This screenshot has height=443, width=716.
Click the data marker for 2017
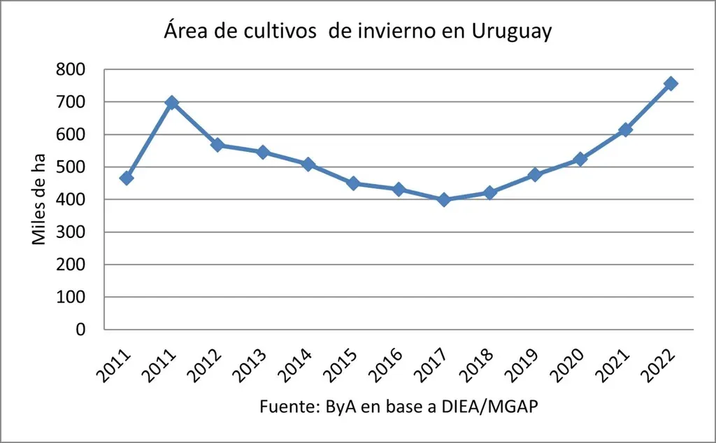[x=444, y=199]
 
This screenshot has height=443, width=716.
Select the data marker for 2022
[x=671, y=83]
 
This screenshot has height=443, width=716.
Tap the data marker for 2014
[x=308, y=164]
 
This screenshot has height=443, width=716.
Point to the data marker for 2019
[x=535, y=174]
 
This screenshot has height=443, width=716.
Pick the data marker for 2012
[x=217, y=145]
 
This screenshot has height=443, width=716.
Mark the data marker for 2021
[x=626, y=129]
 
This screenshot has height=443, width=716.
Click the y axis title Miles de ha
[x=40, y=199]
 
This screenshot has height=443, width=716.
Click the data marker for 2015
[x=353, y=183]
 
